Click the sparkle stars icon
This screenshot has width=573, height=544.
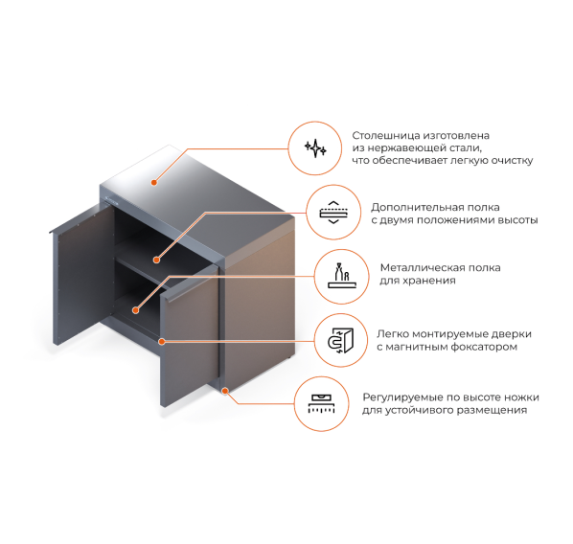315,148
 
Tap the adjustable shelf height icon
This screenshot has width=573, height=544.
333,213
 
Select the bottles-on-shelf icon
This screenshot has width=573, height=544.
342,276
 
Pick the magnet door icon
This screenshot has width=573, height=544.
340,340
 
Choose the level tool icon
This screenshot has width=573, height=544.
322,403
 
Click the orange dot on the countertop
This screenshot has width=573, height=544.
154,182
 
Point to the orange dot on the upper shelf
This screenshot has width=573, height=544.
156,260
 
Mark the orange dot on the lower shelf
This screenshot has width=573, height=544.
135,310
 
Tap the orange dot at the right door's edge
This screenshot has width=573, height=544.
162,341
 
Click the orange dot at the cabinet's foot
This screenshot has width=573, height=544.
225,391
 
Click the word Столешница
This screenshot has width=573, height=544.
386,136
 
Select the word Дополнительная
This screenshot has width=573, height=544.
418,208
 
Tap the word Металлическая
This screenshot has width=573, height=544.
422,268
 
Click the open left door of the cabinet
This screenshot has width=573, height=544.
83,274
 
